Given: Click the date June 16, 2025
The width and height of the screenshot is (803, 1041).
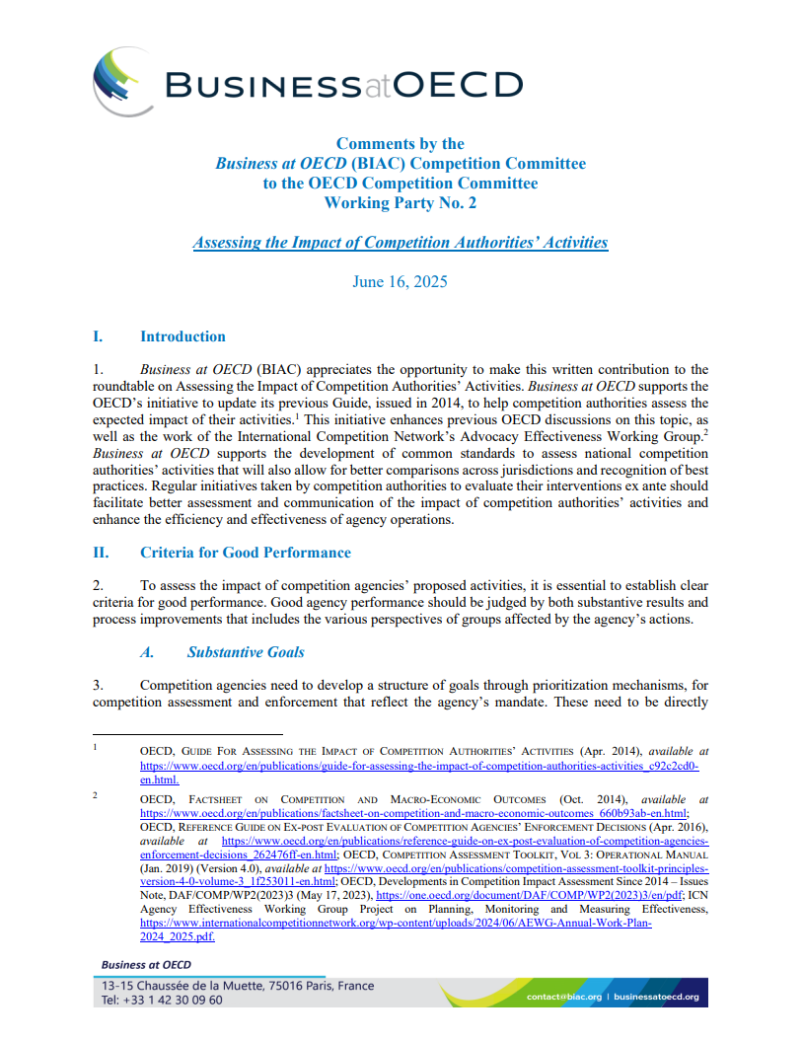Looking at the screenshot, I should [x=400, y=281].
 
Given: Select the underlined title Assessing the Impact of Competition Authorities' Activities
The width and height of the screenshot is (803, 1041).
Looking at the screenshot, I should [x=400, y=242].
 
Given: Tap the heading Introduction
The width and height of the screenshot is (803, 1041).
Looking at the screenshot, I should [x=182, y=336].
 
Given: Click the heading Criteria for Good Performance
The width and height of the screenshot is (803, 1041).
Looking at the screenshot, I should [x=246, y=552].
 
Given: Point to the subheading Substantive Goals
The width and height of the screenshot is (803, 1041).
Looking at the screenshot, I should [x=246, y=651].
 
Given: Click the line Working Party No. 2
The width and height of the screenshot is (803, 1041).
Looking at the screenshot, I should [x=400, y=202].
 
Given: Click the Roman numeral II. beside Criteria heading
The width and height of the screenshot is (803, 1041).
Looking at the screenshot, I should [x=101, y=552].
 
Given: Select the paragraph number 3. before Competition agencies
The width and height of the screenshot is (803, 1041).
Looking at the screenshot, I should [x=98, y=684].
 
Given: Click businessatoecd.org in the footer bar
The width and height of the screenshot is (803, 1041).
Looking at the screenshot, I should [x=656, y=997].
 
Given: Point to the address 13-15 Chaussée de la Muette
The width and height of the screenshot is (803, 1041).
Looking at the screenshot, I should [x=197, y=986].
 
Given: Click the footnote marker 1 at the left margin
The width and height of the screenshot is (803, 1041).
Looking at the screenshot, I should [x=95, y=748].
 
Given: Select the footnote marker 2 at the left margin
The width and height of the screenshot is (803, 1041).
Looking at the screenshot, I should [x=95, y=795].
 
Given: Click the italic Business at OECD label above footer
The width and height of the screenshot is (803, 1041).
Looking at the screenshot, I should [x=146, y=964].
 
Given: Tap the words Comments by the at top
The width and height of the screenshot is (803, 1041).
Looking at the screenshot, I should [x=400, y=143].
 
